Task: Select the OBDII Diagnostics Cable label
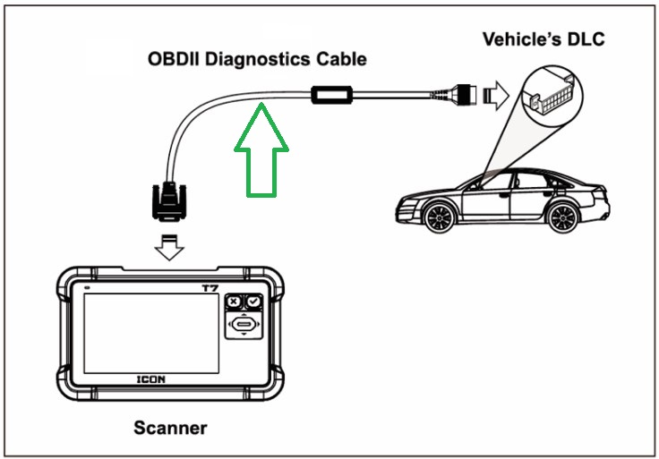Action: click(x=257, y=60)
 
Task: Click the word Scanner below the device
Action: click(x=170, y=428)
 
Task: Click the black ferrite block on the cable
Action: click(x=334, y=94)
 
